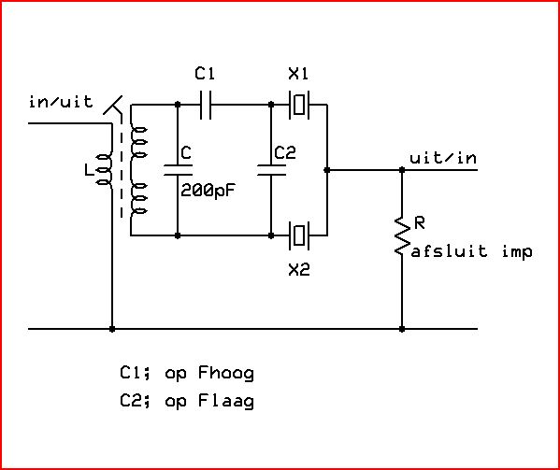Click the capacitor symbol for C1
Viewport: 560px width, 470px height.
click(206, 105)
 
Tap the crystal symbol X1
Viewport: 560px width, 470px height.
click(299, 105)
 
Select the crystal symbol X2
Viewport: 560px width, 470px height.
click(299, 235)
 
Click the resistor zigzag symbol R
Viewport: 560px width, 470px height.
click(402, 235)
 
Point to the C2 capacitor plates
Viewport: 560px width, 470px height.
click(271, 170)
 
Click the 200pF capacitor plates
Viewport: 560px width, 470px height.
click(178, 170)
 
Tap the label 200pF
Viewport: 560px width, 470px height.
click(208, 191)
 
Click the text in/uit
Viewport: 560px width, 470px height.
click(61, 102)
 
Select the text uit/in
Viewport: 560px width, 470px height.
click(443, 157)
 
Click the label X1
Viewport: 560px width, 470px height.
click(298, 74)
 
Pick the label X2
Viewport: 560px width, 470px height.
click(299, 269)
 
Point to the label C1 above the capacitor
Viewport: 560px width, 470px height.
click(205, 73)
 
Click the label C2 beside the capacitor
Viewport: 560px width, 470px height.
click(285, 152)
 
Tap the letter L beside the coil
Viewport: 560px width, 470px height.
click(88, 169)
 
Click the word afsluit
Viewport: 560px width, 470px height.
click(449, 250)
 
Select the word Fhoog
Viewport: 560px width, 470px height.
click(226, 373)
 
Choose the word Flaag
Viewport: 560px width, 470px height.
click(226, 401)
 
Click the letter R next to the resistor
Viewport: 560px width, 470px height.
click(420, 223)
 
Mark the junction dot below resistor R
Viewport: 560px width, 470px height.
click(402, 329)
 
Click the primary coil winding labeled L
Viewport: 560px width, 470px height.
click(106, 171)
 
